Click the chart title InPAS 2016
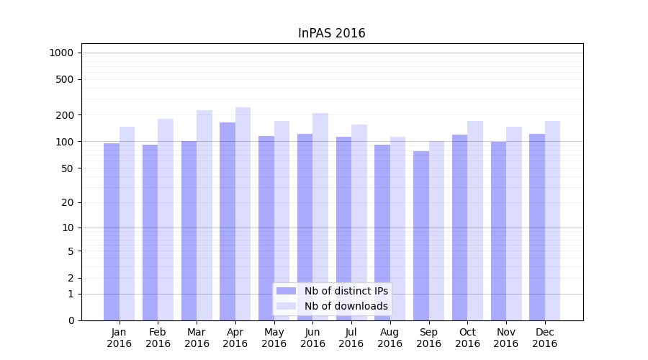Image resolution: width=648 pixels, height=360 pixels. (331, 33)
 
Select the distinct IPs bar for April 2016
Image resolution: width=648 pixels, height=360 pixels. (228, 216)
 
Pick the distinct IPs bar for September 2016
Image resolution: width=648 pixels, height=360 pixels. (421, 230)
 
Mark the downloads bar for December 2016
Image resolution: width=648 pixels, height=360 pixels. (552, 216)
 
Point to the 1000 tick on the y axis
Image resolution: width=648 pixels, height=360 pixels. (61, 53)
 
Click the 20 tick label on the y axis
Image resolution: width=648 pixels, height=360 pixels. (68, 202)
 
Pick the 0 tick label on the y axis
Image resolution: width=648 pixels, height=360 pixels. (71, 320)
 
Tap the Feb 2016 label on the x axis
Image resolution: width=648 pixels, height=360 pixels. (158, 338)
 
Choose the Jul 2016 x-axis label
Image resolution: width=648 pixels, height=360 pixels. (351, 338)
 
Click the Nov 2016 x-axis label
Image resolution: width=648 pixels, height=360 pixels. (506, 338)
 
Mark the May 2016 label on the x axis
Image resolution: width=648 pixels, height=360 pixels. (274, 338)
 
